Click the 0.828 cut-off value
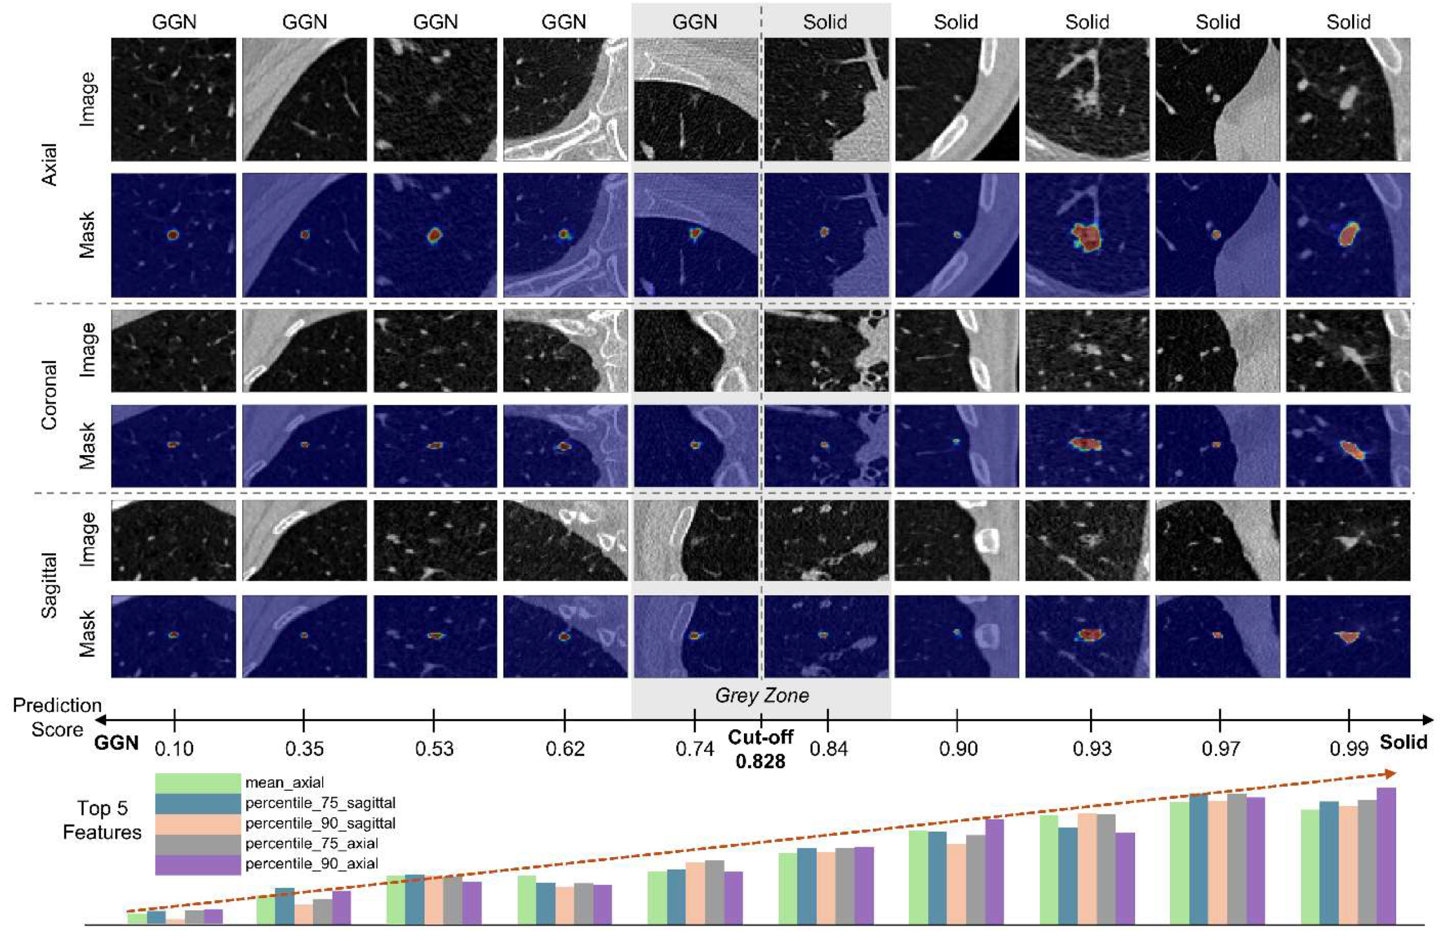coord(760,761)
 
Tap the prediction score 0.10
coord(174,749)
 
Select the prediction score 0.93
coord(1092,749)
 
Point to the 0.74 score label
coord(694,749)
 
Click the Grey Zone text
coord(762,695)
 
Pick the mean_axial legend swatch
coord(198,783)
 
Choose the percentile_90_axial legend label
coord(312,863)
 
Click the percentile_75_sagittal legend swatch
coord(198,803)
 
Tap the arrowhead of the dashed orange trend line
coord(1391,773)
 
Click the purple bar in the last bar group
coord(1386,855)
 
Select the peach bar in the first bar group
coord(176,922)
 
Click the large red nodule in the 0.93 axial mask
coord(1087,237)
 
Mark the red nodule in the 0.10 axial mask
coord(173,235)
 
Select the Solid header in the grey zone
coord(825,22)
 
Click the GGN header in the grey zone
coord(694,22)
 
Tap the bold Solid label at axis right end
coord(1403,743)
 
